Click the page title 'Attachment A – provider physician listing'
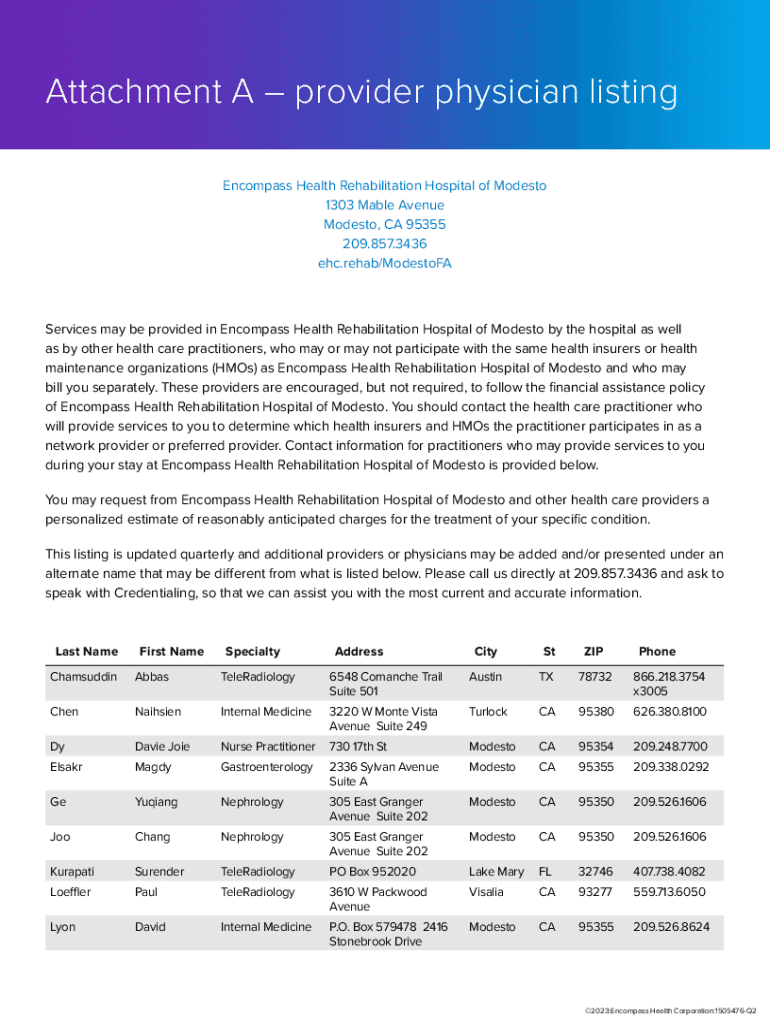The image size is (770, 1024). (361, 93)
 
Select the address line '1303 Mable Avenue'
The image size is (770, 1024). (384, 205)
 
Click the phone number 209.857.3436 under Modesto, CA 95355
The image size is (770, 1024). (384, 244)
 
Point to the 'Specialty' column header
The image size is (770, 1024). (252, 651)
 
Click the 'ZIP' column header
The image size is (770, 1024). (593, 651)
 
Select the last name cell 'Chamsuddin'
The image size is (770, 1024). (83, 677)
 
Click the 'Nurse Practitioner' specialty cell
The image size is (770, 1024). (267, 747)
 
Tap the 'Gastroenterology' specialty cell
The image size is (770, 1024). (266, 767)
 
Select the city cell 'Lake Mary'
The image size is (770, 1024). (496, 872)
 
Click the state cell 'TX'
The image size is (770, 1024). (546, 677)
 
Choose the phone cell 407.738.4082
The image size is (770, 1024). (668, 872)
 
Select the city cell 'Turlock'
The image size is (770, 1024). (488, 712)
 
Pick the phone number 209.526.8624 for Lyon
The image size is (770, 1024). (671, 927)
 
